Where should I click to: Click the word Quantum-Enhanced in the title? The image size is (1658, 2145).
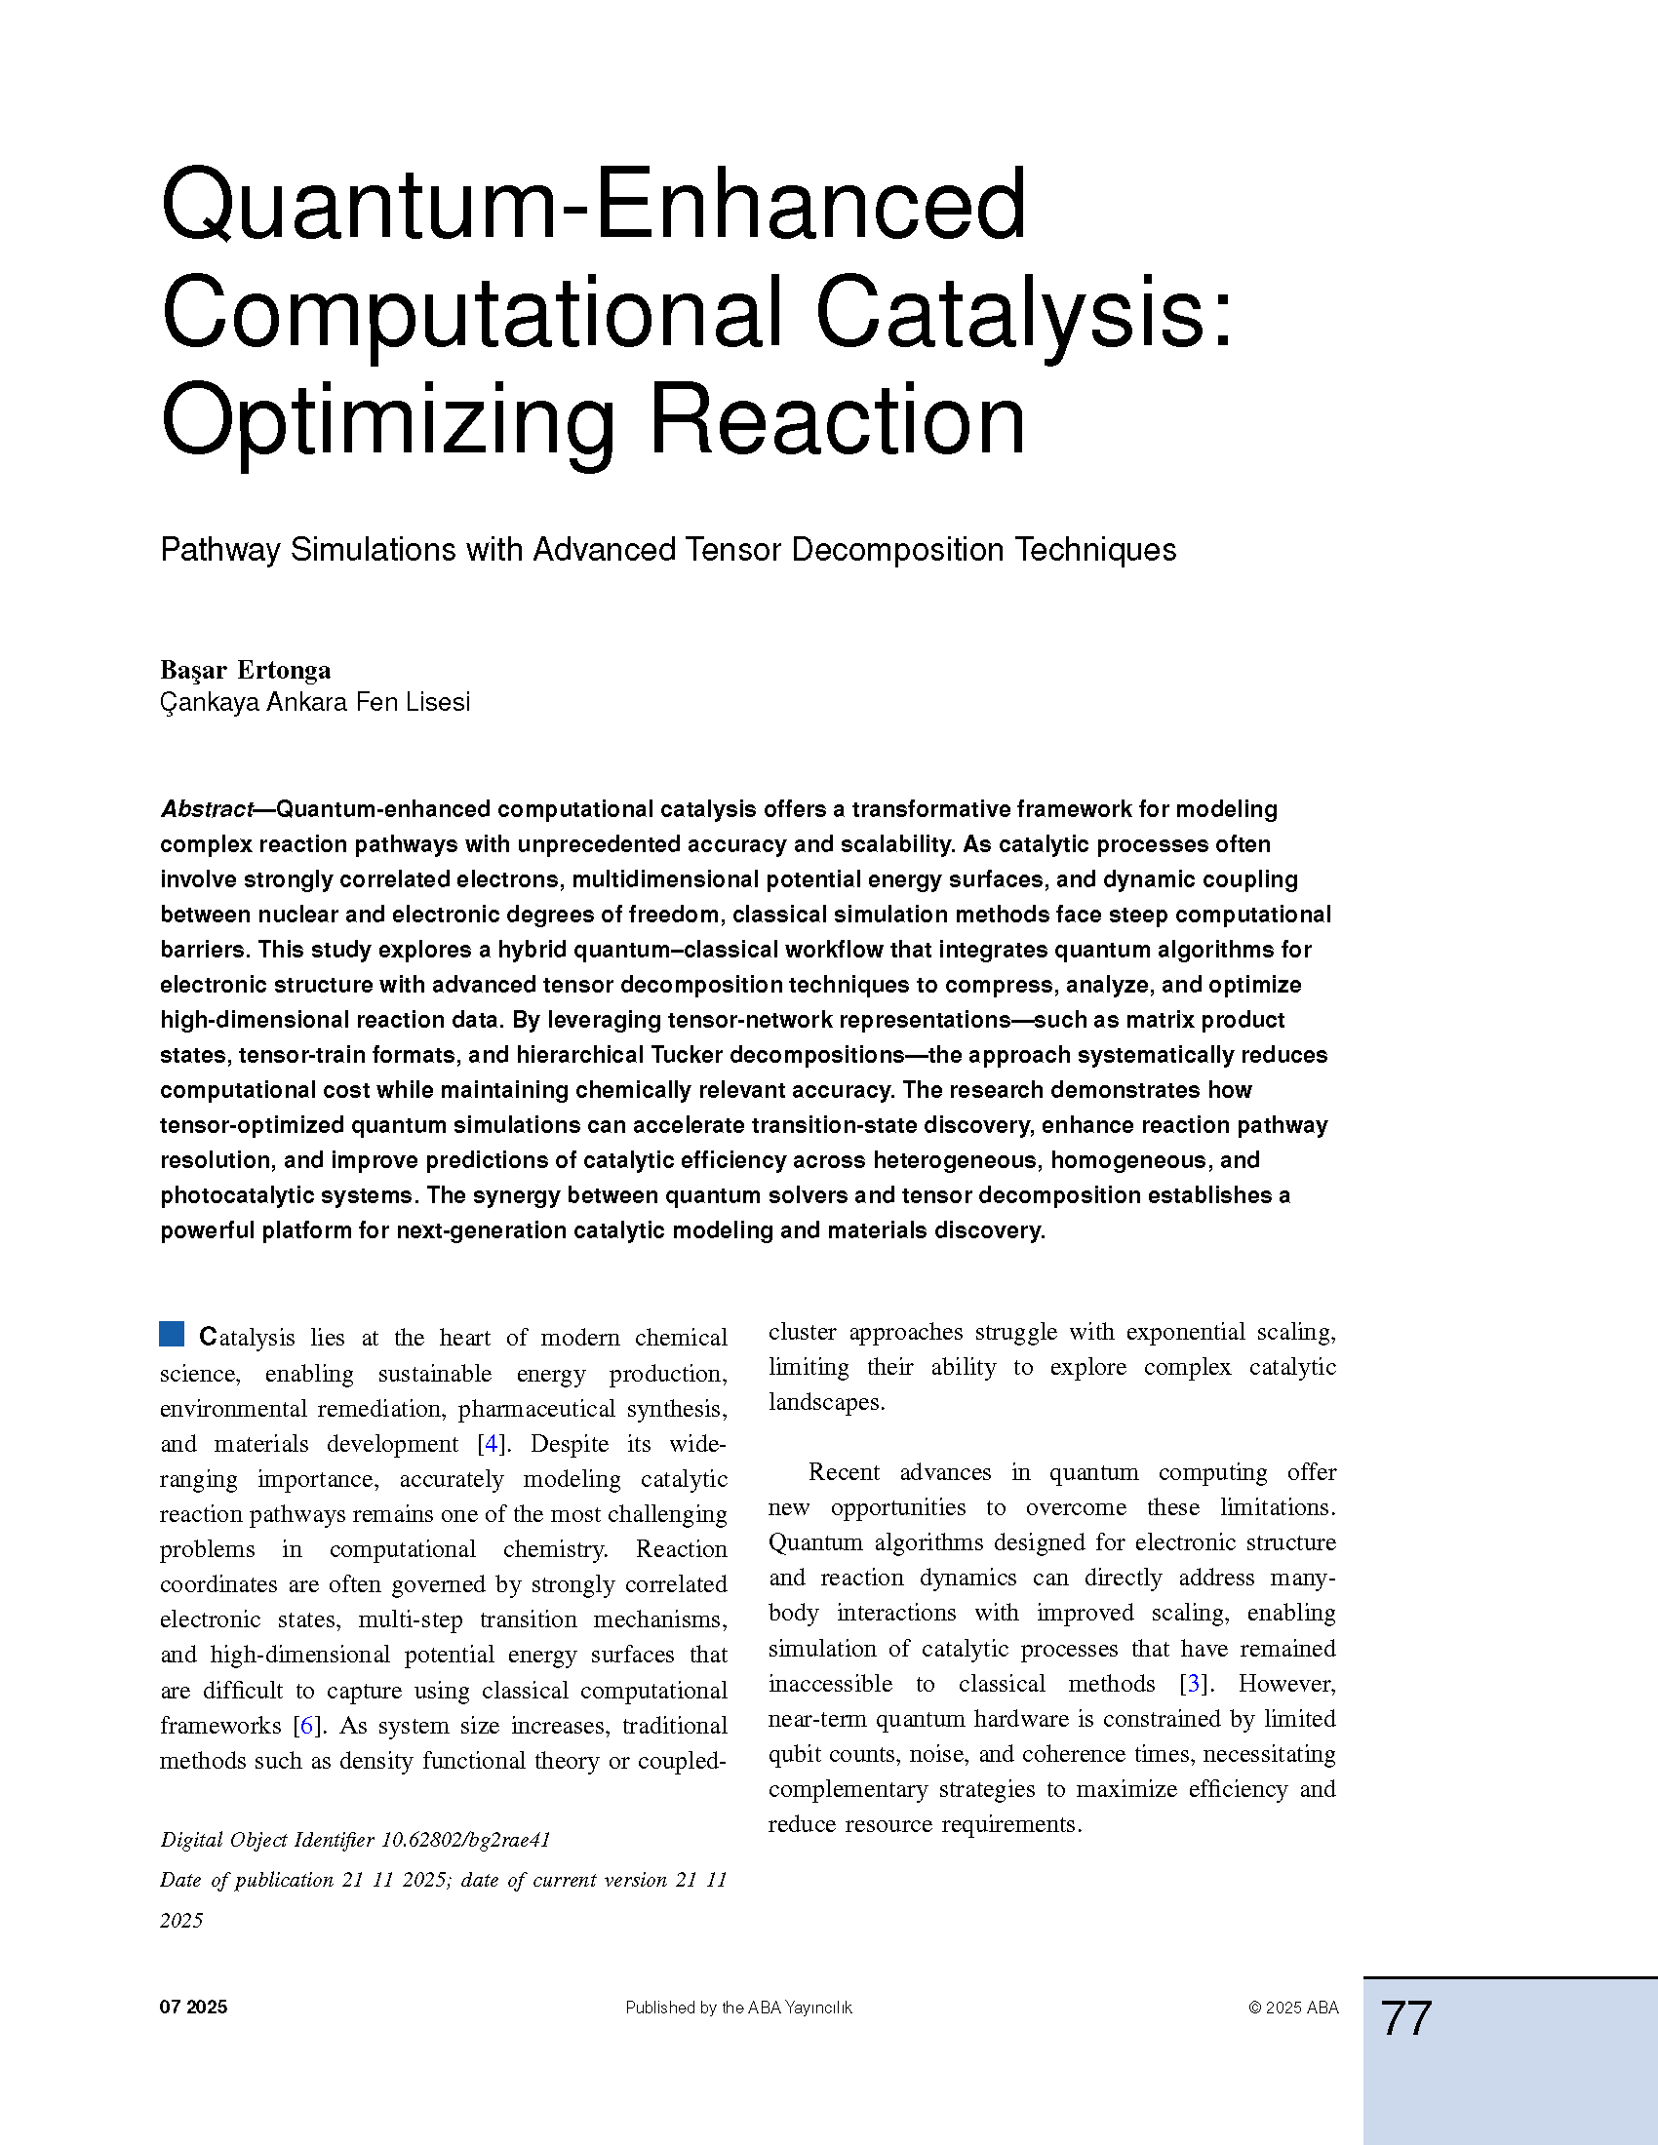[593, 205]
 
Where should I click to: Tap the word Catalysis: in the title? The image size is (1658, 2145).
[1023, 312]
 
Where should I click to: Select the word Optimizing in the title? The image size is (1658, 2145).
[389, 420]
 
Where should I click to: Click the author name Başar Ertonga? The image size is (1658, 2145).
[246, 670]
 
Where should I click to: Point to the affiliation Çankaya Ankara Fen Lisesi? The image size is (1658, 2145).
[315, 702]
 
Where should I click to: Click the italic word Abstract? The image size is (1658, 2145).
[206, 809]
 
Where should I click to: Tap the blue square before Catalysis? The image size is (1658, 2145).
[172, 1334]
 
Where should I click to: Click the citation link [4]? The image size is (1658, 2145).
[492, 1444]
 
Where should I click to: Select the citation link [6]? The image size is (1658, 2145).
[306, 1726]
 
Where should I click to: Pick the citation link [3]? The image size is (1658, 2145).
[1194, 1684]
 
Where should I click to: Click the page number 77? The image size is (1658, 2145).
[1406, 2018]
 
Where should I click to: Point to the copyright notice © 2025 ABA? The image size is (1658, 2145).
[1293, 2008]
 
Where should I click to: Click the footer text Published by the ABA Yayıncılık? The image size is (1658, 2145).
[738, 2008]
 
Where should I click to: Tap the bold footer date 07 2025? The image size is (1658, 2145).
[193, 2007]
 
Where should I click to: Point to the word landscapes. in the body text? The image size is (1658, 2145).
[826, 1401]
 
